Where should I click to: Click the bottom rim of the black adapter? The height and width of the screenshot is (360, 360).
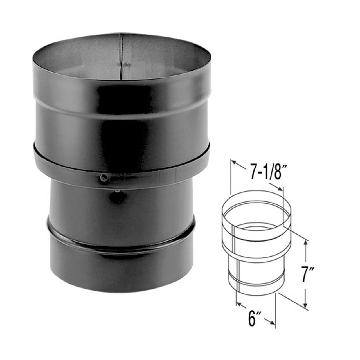coord(121,291)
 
